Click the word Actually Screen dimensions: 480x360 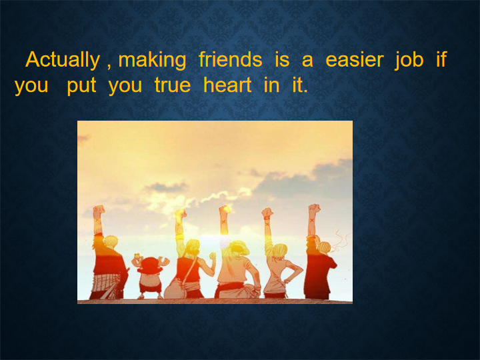click(x=63, y=61)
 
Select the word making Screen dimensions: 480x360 click(x=152, y=61)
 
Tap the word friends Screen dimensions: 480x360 click(x=230, y=59)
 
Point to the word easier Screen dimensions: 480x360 click(x=354, y=60)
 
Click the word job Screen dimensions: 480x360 click(x=409, y=61)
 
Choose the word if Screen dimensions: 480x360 click(x=441, y=59)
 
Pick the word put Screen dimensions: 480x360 click(x=81, y=86)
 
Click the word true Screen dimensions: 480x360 click(x=173, y=85)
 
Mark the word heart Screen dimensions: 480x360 click(x=227, y=85)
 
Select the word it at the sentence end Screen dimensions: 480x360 click(x=300, y=85)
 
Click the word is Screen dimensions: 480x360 click(x=282, y=59)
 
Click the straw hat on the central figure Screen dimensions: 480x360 click(x=240, y=247)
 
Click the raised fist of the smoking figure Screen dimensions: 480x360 click(x=315, y=210)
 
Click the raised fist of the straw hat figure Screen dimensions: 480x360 click(x=225, y=210)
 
